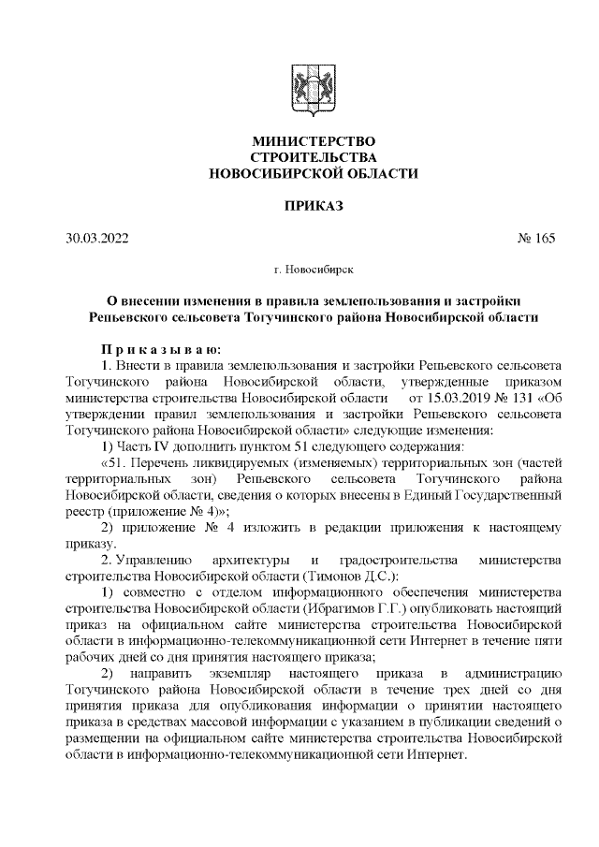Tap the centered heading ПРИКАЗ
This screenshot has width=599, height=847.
pos(299,204)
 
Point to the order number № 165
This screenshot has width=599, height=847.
pos(536,238)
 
